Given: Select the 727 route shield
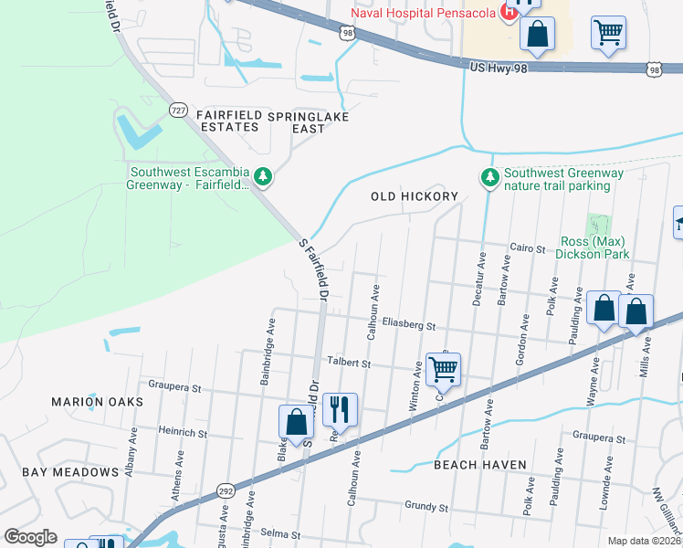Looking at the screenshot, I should click(179, 110).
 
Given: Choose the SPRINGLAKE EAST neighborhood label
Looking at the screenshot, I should click(309, 122).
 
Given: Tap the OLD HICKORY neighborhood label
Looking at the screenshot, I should click(414, 196).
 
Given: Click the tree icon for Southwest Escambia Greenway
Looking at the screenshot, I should click(263, 175).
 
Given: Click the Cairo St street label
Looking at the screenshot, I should click(527, 248).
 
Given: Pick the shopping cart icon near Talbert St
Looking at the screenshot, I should click(443, 369).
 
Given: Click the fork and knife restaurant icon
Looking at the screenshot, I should click(340, 407).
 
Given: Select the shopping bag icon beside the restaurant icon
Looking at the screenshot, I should click(296, 422).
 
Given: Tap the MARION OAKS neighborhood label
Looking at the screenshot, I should click(97, 402).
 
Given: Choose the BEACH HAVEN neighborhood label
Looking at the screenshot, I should click(480, 465).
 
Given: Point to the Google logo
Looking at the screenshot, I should click(31, 537).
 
